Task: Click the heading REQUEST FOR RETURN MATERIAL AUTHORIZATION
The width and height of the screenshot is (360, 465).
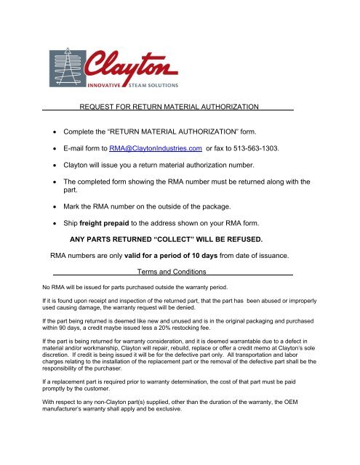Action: [x=169, y=107]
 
